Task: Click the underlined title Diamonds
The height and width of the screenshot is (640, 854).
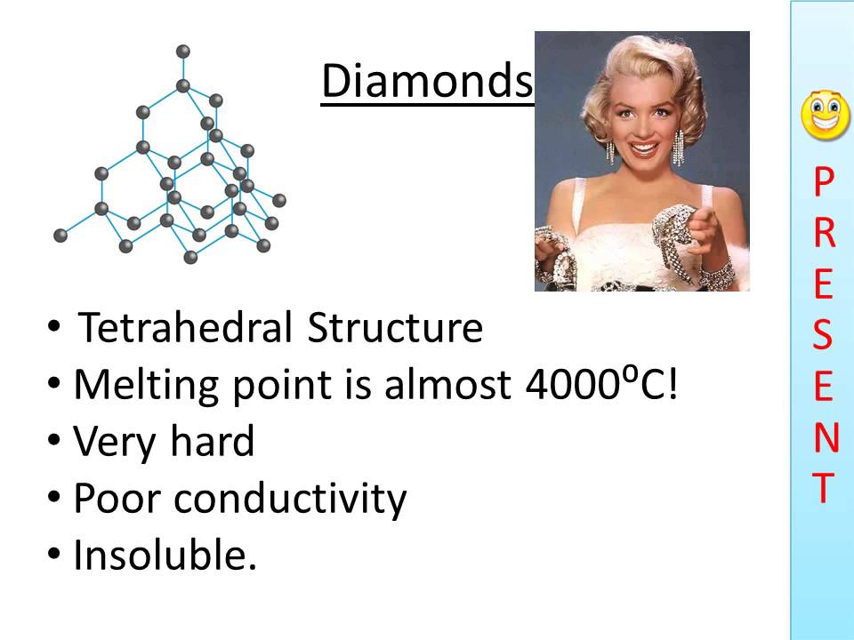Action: click(426, 82)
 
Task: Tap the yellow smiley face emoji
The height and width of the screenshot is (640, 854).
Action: click(825, 116)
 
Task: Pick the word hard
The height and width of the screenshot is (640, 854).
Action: click(213, 442)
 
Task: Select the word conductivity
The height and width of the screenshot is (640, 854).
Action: click(290, 500)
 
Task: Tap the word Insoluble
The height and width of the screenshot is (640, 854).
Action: click(165, 556)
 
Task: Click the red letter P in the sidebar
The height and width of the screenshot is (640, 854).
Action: click(824, 184)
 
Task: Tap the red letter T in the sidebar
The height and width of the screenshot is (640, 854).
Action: click(824, 488)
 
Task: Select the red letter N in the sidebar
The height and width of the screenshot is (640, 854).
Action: click(825, 437)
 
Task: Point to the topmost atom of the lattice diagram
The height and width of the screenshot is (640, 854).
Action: click(183, 51)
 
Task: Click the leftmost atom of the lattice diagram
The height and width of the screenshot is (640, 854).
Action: click(60, 236)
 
